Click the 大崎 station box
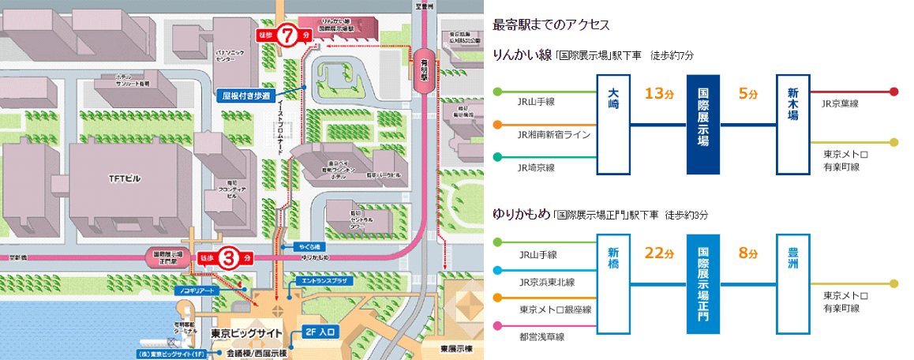[x=613, y=124]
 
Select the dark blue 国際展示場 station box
[x=703, y=124]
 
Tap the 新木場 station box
[x=793, y=124]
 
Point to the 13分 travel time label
[x=657, y=94]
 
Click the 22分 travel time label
[x=657, y=254]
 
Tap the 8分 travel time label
[x=747, y=254]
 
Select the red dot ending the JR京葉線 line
[x=893, y=92]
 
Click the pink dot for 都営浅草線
[x=497, y=326]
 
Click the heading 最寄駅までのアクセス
[x=550, y=24]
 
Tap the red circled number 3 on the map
[x=229, y=257]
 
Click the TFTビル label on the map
[x=125, y=179]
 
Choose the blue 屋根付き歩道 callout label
[x=246, y=96]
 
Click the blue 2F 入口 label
[x=321, y=332]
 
